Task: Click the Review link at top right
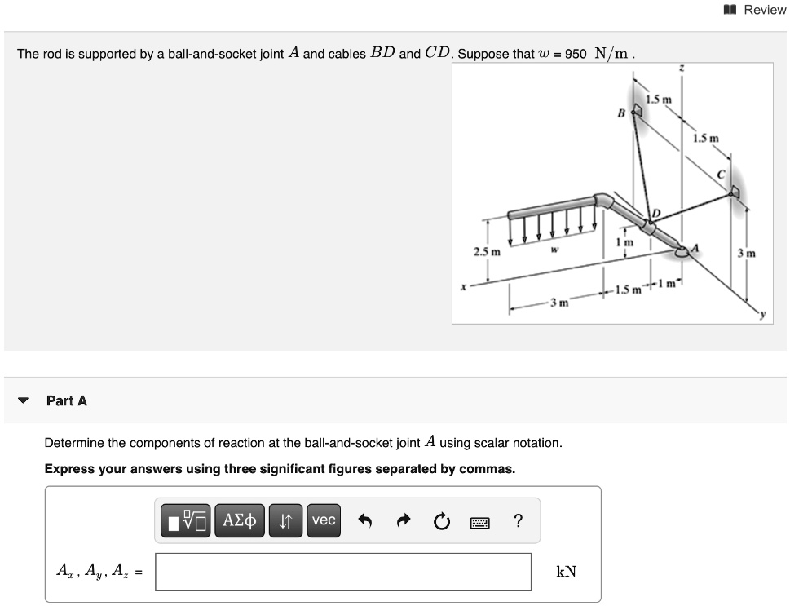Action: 756,10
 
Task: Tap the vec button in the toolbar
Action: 324,520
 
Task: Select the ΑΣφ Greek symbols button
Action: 240,520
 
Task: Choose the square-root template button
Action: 187,520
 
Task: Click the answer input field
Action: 343,572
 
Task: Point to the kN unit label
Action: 566,572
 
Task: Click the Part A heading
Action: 67,400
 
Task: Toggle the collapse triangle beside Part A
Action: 24,401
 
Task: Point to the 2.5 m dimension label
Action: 487,251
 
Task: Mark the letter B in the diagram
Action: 621,113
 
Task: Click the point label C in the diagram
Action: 721,175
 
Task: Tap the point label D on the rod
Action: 655,215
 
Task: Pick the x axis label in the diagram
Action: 461,286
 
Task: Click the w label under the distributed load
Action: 552,250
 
